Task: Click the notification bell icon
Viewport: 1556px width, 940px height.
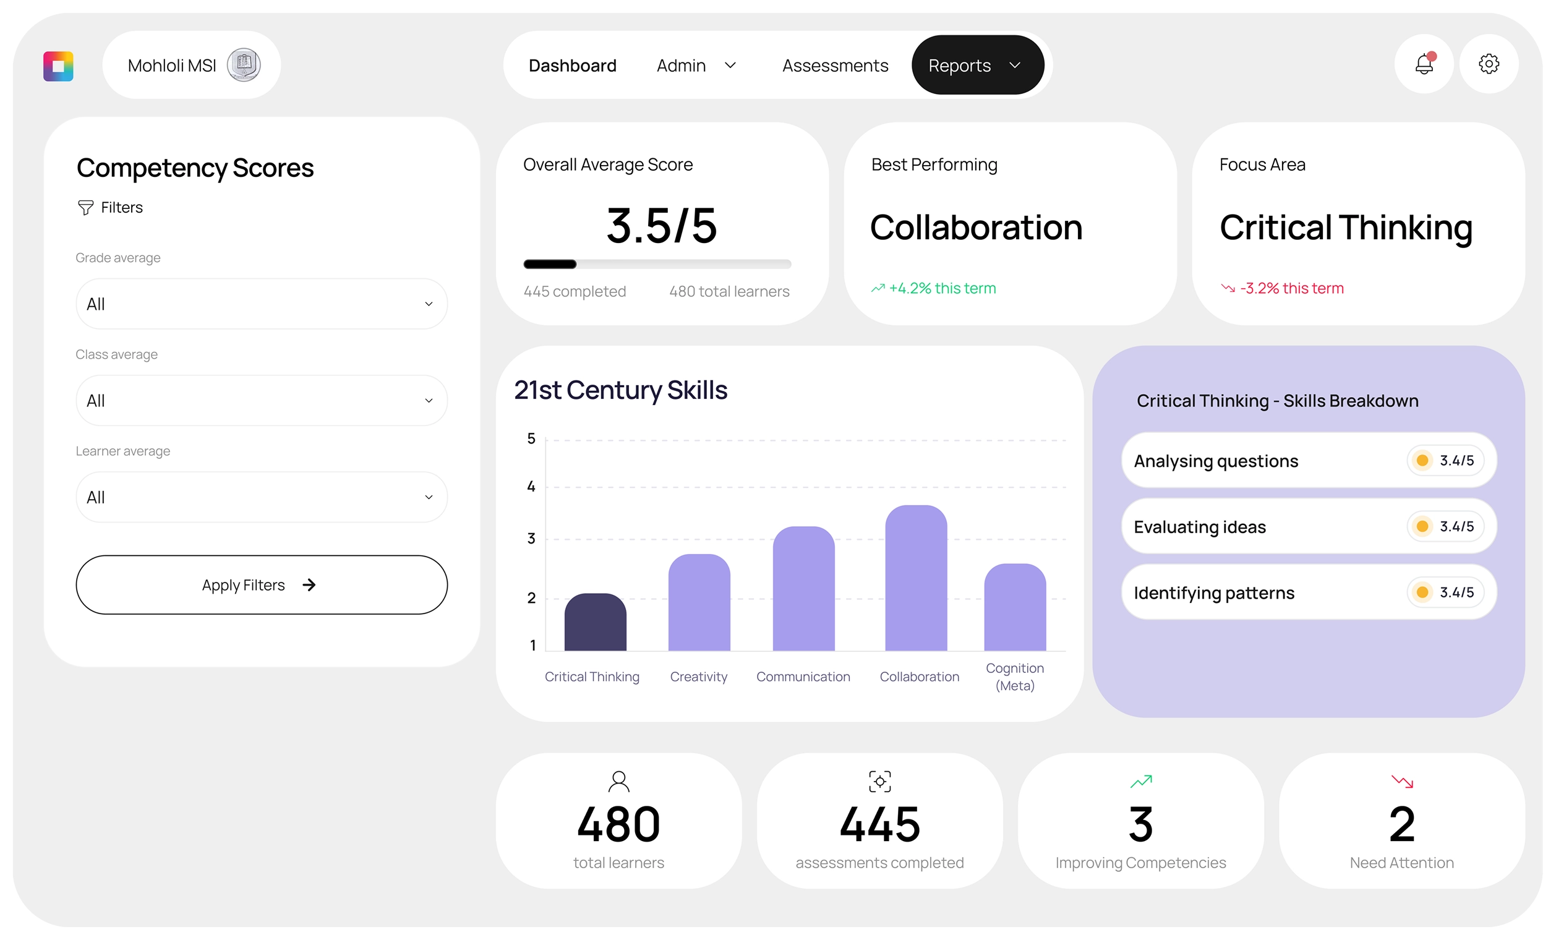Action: (1424, 64)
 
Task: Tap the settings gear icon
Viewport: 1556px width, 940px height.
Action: (1489, 64)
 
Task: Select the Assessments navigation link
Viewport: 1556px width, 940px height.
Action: (835, 66)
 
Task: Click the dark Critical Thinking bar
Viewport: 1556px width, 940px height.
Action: (595, 623)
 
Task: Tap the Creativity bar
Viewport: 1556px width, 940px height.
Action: (699, 603)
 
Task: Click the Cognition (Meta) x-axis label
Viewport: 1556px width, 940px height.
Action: (1014, 677)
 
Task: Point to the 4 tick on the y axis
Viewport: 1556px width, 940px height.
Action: (531, 487)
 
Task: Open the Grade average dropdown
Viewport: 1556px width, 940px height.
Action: (262, 304)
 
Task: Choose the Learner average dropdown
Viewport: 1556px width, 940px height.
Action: (262, 497)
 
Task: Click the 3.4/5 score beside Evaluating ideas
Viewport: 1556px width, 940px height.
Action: (1456, 526)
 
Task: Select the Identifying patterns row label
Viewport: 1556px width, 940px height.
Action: (1214, 593)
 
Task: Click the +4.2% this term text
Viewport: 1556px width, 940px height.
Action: (941, 289)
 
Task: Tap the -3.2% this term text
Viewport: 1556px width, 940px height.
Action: (1291, 289)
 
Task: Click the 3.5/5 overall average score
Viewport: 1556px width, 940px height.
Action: (661, 225)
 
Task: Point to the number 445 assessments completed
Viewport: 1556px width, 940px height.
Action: (879, 824)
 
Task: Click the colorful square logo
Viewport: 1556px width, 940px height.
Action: (58, 66)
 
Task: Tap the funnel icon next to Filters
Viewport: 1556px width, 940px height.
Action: (85, 208)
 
